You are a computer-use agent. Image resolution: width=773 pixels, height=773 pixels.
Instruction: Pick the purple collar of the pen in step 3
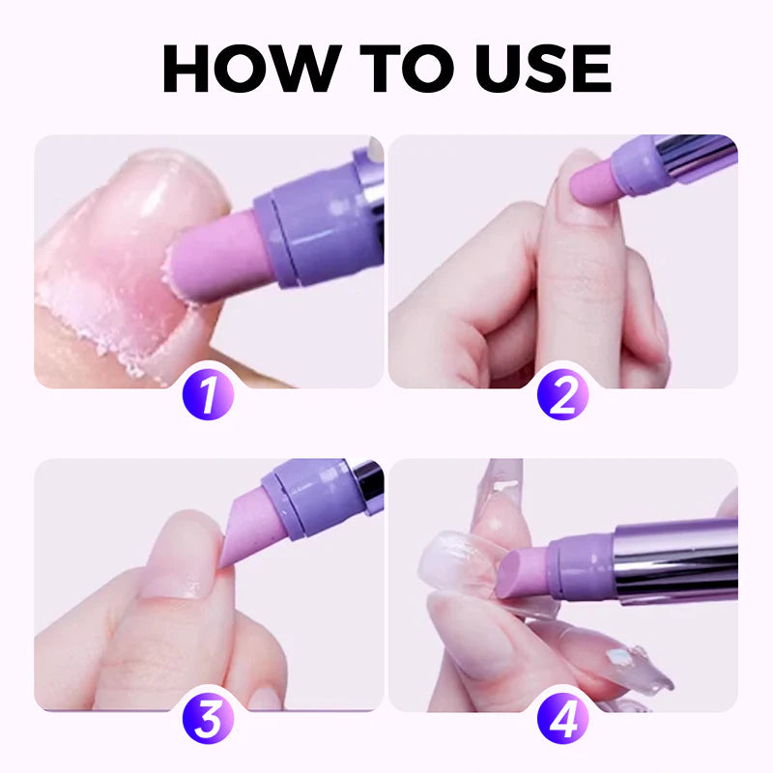tap(307, 488)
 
